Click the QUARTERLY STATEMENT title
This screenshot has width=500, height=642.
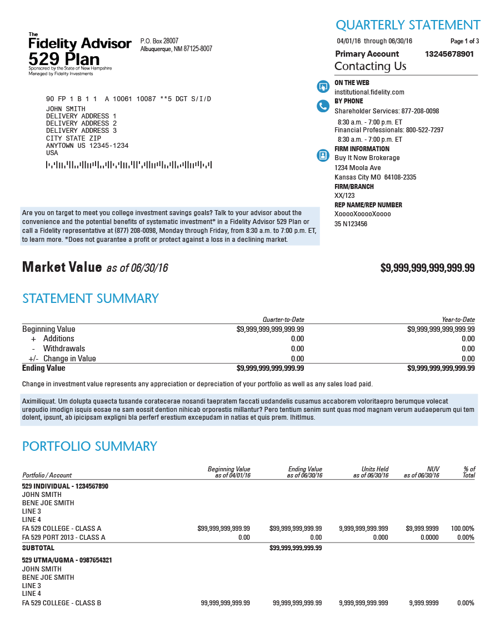[x=408, y=25]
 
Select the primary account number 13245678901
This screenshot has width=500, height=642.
[x=449, y=54]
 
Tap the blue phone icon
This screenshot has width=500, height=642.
[x=323, y=106]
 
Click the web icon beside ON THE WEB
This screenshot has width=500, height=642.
[x=323, y=87]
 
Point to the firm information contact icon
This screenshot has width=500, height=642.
[x=323, y=155]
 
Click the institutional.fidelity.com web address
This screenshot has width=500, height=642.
[x=369, y=92]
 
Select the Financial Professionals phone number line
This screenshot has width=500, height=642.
[x=389, y=130]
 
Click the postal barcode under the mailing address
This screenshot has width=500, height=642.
[x=129, y=165]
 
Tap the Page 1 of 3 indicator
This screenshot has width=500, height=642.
[x=464, y=41]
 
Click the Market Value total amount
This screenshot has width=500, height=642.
[x=427, y=268]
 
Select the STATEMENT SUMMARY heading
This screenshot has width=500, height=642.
[x=91, y=298]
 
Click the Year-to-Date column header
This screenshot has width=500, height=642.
[x=458, y=320]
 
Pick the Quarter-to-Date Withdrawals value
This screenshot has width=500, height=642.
[x=297, y=349]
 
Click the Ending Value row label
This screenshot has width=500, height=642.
[x=44, y=368]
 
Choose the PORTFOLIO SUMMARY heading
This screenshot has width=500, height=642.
[x=89, y=446]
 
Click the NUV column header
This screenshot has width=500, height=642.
[x=433, y=469]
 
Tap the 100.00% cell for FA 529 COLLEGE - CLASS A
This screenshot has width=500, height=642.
[x=463, y=529]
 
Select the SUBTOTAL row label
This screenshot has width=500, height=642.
[x=38, y=548]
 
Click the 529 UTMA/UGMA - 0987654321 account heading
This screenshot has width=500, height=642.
[x=67, y=560]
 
